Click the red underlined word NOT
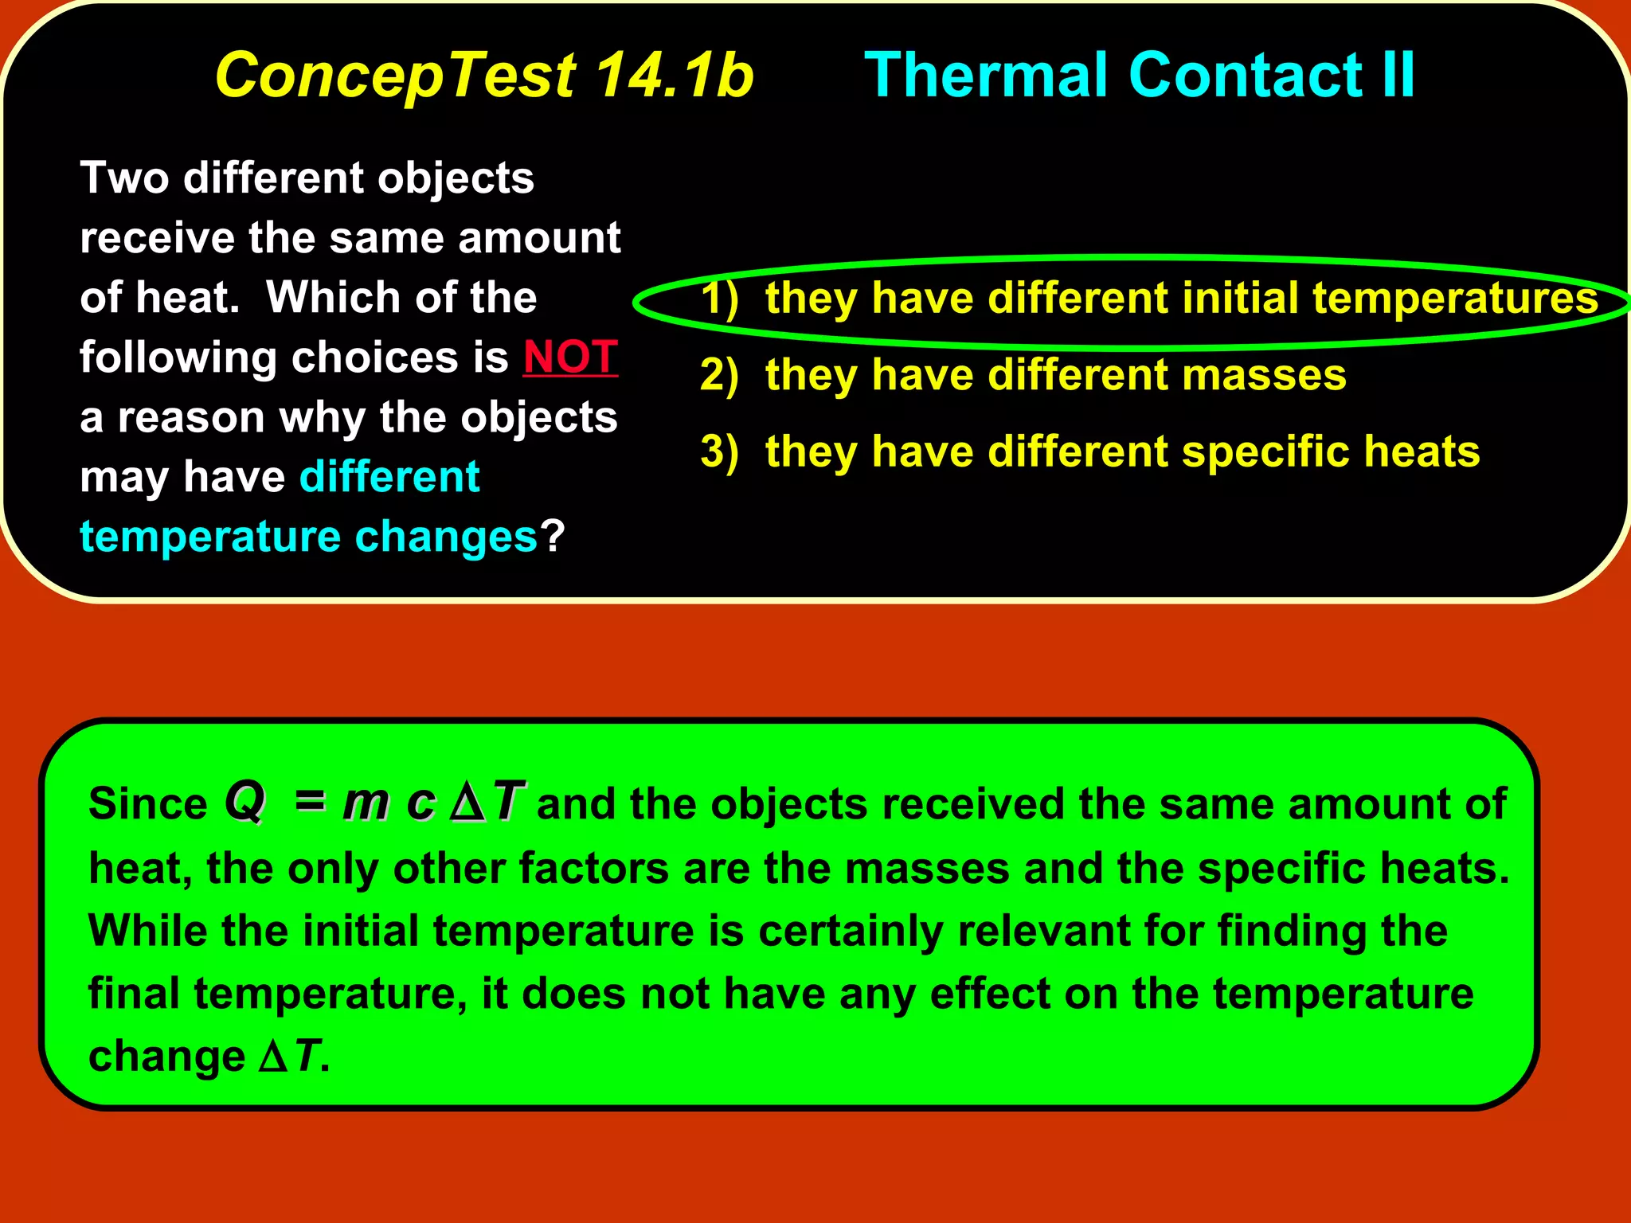tap(570, 357)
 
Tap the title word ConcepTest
tap(395, 75)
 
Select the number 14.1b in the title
tap(674, 75)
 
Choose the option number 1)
tap(719, 298)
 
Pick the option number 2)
tap(719, 374)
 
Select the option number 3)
tap(719, 451)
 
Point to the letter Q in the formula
tap(244, 801)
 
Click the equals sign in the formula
tap(310, 801)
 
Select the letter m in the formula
tap(366, 803)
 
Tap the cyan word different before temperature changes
tap(389, 477)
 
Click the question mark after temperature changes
tap(553, 536)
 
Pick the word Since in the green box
tap(148, 803)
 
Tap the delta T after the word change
tap(291, 1057)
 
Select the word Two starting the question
tap(124, 177)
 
